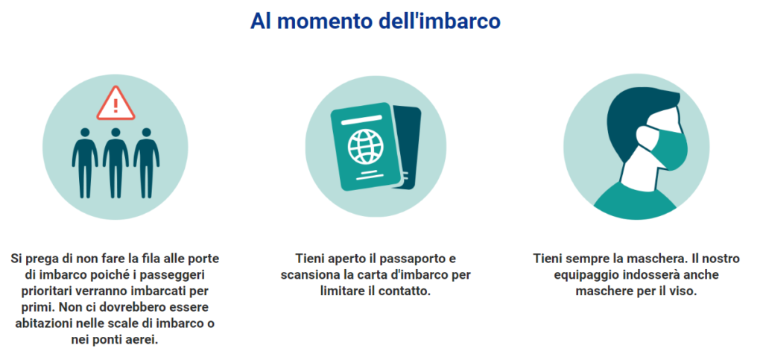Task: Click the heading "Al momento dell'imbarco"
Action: pos(376,22)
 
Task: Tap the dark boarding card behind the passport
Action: pos(408,147)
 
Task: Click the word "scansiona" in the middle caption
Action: pos(308,275)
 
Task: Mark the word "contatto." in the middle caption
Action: pos(406,291)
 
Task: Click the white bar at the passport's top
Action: pos(358,121)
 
